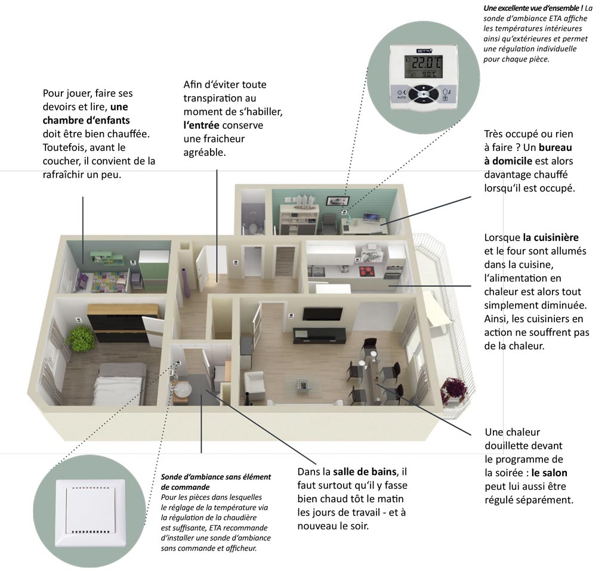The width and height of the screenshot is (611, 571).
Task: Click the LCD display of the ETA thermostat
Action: pyautogui.click(x=423, y=67)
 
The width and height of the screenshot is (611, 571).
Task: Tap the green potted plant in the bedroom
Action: pyautogui.click(x=81, y=338)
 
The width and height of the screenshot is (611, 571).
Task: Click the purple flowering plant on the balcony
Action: pyautogui.click(x=456, y=389)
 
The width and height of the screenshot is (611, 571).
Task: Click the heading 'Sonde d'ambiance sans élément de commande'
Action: pyautogui.click(x=215, y=482)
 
